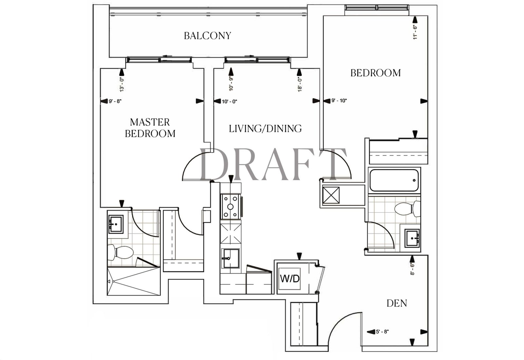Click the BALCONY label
point(208,36)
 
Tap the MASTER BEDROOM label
point(150,128)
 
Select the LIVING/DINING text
point(265,129)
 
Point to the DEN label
point(397,303)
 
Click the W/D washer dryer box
point(290,279)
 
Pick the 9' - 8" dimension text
point(115,101)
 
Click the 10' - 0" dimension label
point(230,101)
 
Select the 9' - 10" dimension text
point(339,101)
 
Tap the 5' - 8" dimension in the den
point(382,332)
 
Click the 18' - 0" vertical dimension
point(300,84)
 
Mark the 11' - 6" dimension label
point(415,32)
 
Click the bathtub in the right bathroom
point(394,180)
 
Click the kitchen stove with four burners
point(231,207)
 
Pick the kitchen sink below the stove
point(231,258)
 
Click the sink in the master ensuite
point(116,224)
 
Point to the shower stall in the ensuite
point(134,281)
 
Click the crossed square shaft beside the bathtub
point(331,195)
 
